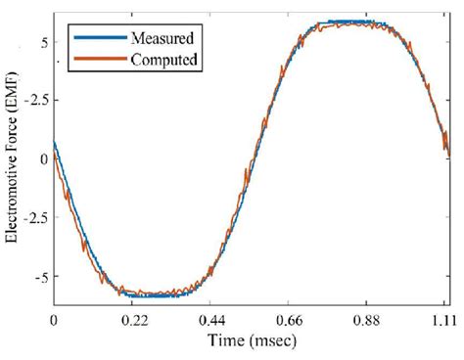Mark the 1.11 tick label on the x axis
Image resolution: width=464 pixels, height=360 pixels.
[x=444, y=320]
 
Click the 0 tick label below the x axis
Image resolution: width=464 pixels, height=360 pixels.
[x=55, y=320]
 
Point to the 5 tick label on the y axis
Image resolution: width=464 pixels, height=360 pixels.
[x=44, y=42]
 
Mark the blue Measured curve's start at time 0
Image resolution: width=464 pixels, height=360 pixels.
[x=55, y=143]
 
